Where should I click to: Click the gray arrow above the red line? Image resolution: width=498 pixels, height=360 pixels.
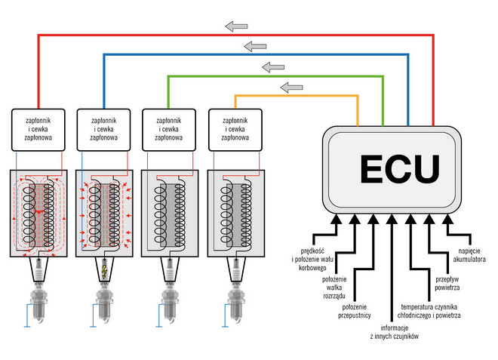pos(237,26)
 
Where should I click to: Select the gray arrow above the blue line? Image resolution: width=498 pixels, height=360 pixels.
pos(257,47)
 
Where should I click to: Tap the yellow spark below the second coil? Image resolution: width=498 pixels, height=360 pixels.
pos(104,269)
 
